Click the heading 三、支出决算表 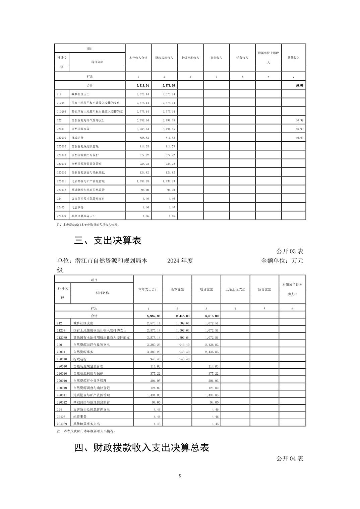click(x=108, y=240)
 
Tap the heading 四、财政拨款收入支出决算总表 click(x=141, y=448)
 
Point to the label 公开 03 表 click(x=290, y=251)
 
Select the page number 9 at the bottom click(x=180, y=476)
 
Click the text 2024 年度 click(x=180, y=261)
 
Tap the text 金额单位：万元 click(x=282, y=261)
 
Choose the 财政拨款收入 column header click(x=164, y=58)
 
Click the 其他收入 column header click(x=294, y=58)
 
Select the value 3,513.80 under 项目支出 click(x=212, y=316)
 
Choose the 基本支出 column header click(x=177, y=289)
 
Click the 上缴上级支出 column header click(x=235, y=289)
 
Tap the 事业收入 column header click(x=216, y=58)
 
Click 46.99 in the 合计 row click(x=299, y=86)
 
